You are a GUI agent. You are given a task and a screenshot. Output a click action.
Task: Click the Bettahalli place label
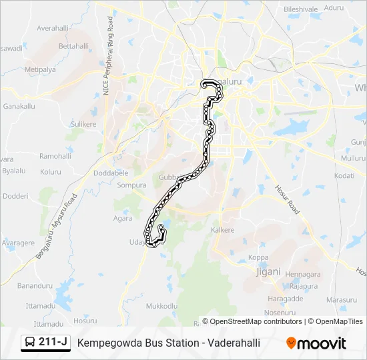point(73,46)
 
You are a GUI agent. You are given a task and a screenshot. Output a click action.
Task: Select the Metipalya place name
point(39,69)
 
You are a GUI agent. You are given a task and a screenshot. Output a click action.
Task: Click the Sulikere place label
point(83,124)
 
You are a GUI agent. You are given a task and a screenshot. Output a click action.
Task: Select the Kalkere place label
point(223,230)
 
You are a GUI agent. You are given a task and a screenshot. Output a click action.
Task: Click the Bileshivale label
point(301,9)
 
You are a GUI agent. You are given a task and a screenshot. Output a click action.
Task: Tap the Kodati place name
point(344,175)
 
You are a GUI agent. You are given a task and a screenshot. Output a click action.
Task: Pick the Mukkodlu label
point(161,305)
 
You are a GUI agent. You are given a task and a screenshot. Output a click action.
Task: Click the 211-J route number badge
point(45,343)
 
